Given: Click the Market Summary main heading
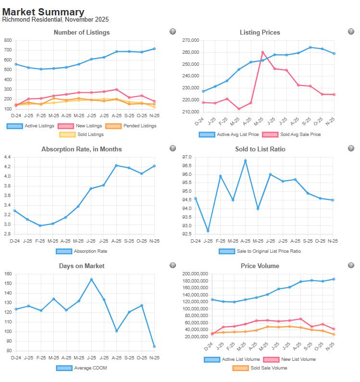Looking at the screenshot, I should point(43,12).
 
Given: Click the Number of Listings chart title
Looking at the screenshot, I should point(82,32).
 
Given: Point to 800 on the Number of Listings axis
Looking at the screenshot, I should point(8,40).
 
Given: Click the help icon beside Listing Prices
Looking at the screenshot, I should point(351,32).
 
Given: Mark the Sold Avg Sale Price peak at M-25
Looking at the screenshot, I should point(262,52).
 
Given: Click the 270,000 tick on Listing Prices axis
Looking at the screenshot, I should point(191,40).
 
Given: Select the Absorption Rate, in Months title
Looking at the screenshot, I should point(82,149).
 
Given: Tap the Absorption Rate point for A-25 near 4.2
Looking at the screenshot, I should point(116,165).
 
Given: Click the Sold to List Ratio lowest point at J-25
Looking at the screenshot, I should point(208,231).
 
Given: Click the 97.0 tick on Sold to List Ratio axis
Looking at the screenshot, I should point(186,157).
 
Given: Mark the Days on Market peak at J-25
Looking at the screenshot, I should point(91,279).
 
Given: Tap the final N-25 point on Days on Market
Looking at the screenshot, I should point(154,346).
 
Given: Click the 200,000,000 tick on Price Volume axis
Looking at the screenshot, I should point(195,274).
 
